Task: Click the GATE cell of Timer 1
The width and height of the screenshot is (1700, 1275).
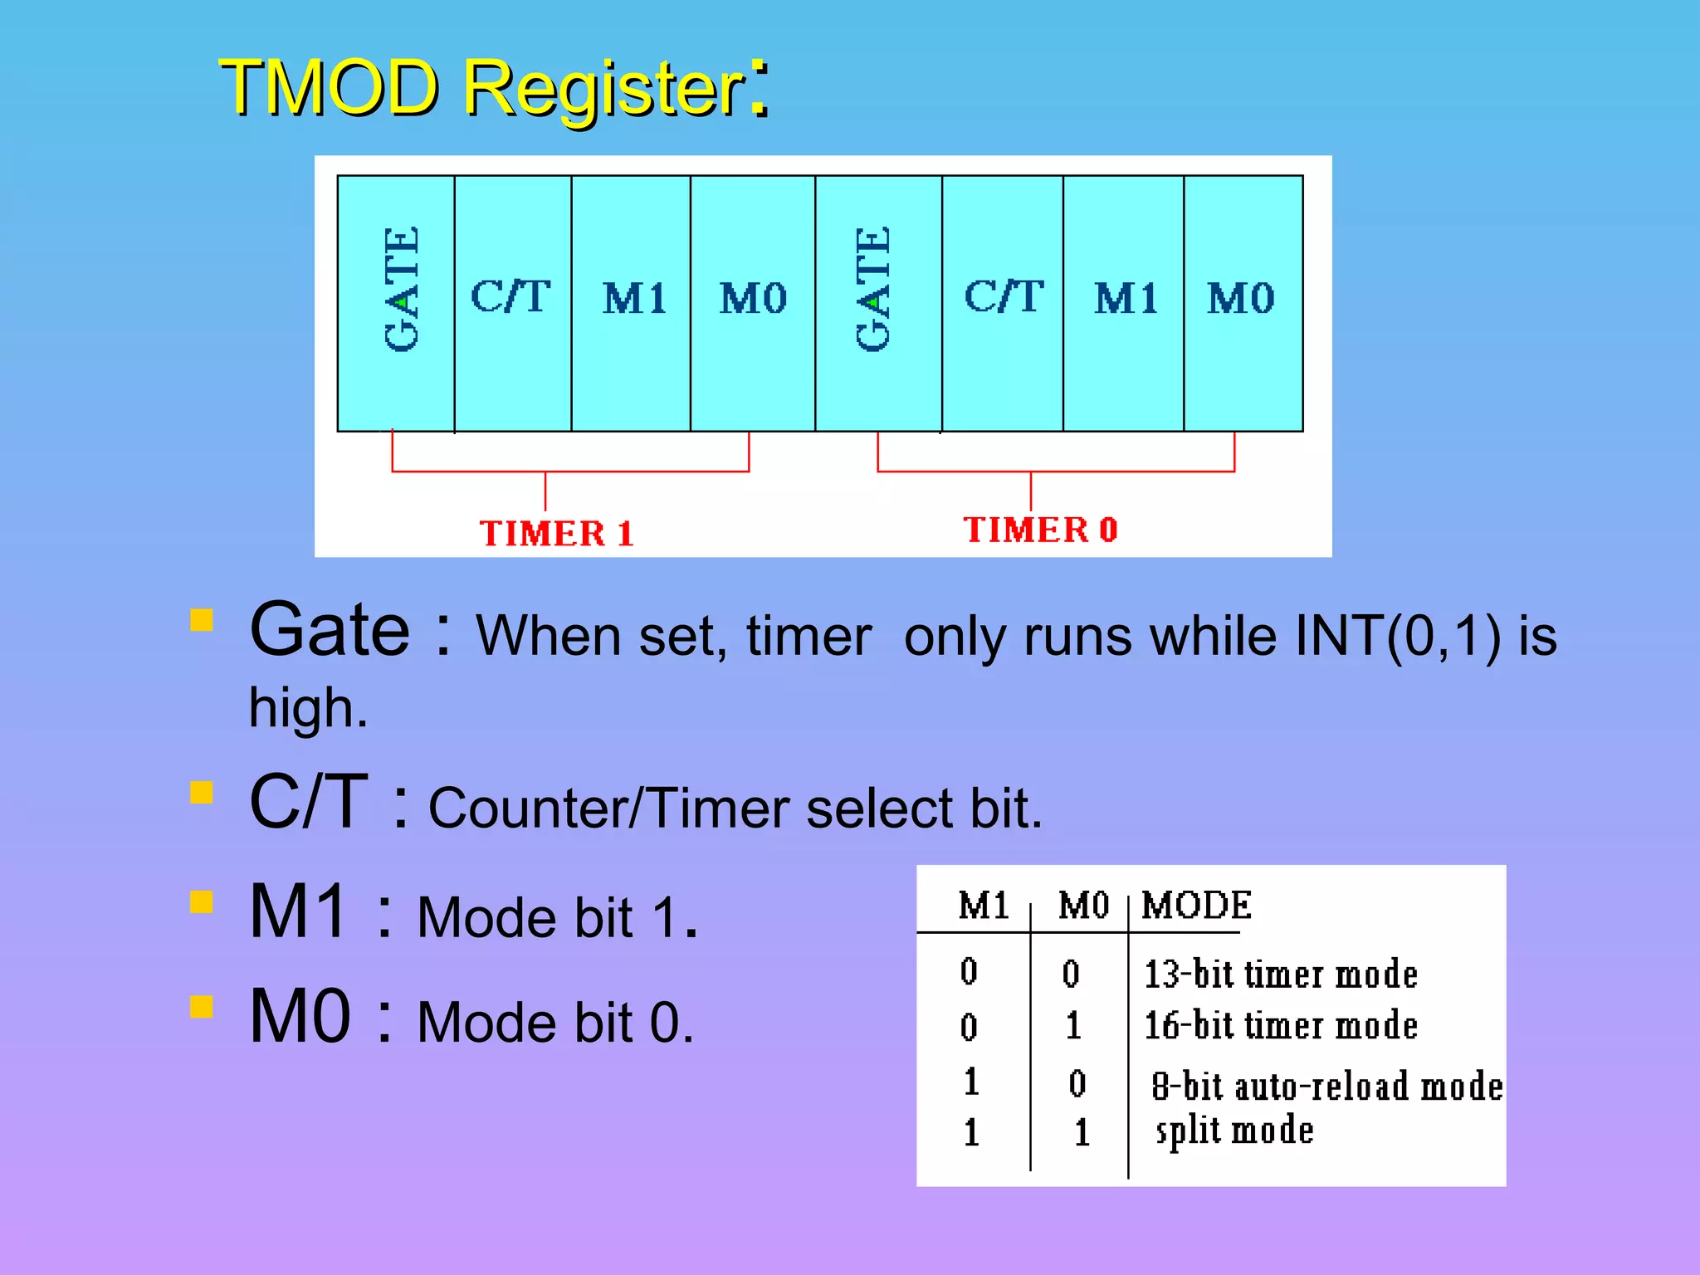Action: coord(397,302)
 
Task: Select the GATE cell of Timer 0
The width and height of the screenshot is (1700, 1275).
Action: coord(878,302)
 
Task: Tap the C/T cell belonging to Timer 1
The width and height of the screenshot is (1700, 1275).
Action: coord(512,302)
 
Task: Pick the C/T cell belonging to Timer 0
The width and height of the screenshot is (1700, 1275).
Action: coord(1003,302)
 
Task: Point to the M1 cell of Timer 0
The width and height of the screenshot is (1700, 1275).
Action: coord(1124,302)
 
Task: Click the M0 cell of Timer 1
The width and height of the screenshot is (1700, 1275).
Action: coord(752,302)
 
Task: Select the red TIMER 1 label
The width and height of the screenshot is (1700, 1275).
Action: coord(557,534)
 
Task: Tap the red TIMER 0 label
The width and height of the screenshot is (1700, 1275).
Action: coord(1040,530)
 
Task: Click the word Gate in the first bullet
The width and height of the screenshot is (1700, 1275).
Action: coord(330,630)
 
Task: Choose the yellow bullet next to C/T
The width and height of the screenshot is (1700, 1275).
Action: coord(202,793)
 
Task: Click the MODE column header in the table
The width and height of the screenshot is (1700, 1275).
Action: coord(1196,906)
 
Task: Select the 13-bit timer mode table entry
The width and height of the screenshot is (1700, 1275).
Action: coord(1280,975)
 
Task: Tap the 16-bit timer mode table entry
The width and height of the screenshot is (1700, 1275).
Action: coord(1280,1026)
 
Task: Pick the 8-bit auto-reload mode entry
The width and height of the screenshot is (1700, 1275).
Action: coord(1326,1087)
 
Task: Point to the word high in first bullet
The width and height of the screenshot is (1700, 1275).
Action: coord(307,709)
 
